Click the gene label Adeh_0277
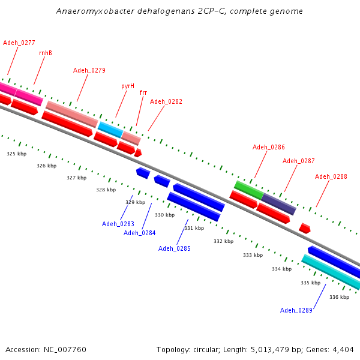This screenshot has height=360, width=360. pos(19,43)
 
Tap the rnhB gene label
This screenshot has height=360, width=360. pos(46,53)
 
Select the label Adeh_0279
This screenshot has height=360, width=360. pos(89,71)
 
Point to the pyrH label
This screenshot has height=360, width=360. pos(128,86)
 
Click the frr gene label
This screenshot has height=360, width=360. pos(143,93)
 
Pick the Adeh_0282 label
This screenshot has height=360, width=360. pos(166,102)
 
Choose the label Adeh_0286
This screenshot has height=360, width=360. pos(269,148)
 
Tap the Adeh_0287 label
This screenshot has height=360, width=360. pos(299,161)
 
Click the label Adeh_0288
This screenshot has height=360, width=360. pos(331,177)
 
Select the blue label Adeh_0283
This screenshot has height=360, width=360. pos(118,224)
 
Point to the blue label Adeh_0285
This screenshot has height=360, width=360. pos(175,249)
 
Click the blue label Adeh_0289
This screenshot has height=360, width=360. pos(296,311)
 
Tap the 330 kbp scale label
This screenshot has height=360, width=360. pos(165,215)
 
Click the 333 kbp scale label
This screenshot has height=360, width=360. pos(253,256)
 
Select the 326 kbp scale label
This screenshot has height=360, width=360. pos(46,166)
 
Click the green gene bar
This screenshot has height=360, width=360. pos(248,190)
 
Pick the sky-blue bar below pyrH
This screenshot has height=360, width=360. pos(110,128)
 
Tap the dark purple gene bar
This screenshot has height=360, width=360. pos(278,204)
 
